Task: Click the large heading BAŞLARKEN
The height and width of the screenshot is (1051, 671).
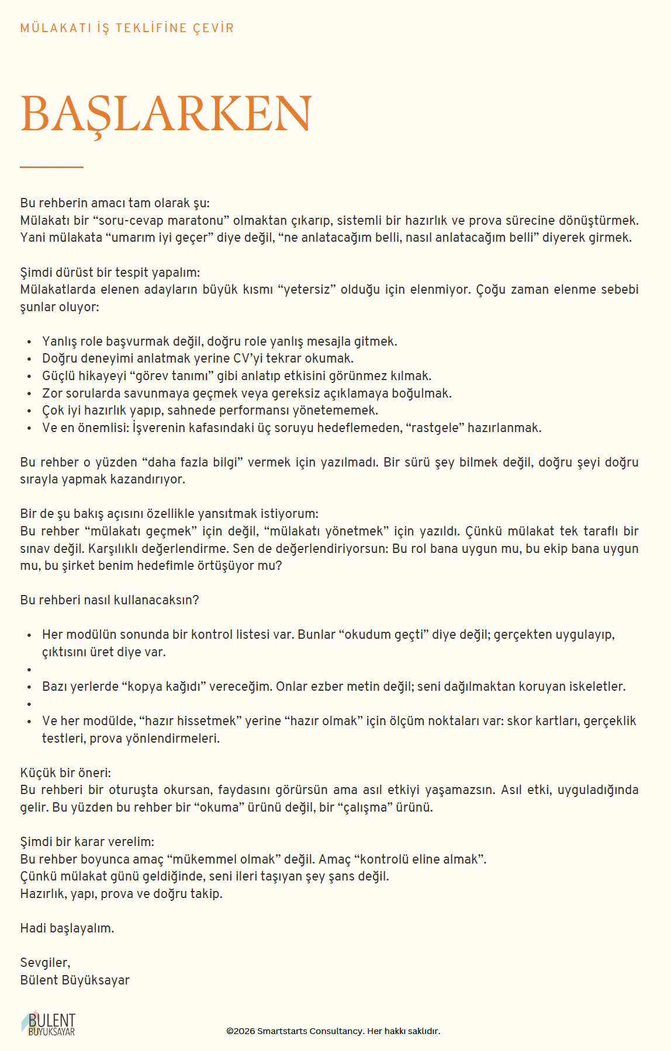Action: tap(166, 113)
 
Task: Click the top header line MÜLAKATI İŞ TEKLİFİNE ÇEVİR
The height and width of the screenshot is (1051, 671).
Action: tap(127, 28)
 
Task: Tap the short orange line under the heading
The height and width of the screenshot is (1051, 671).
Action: tap(51, 168)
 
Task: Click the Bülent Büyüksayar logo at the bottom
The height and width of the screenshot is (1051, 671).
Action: tap(49, 1024)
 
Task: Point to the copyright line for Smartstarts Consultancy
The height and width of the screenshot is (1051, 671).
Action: tap(333, 1031)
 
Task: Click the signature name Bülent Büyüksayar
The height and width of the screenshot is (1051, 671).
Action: tap(75, 980)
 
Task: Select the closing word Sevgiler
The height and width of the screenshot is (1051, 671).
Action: tap(45, 963)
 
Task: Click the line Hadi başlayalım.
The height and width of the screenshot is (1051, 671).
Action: tap(67, 928)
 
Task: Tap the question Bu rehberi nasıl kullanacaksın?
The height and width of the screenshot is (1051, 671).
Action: tap(109, 600)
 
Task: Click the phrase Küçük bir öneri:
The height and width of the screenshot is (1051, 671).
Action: tap(65, 773)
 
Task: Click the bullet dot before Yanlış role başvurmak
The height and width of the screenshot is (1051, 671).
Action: tap(29, 342)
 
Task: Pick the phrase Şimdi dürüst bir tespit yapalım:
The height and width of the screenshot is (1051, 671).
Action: tap(110, 273)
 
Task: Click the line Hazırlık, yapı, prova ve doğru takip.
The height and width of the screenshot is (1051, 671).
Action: tap(121, 894)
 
